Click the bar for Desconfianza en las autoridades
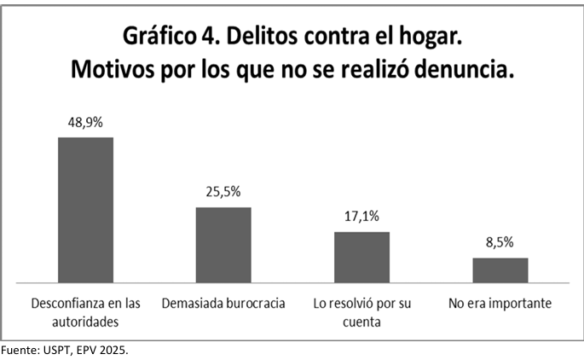[x=85, y=209]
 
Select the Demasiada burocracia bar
[x=223, y=244]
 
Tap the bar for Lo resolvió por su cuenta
[x=361, y=256]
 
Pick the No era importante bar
[x=500, y=269]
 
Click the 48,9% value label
[x=85, y=122]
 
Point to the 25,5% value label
[x=223, y=192]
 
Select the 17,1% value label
[x=361, y=217]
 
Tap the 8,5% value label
[x=500, y=242]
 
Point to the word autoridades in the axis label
[x=85, y=322]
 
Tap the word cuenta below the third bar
[x=361, y=322]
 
